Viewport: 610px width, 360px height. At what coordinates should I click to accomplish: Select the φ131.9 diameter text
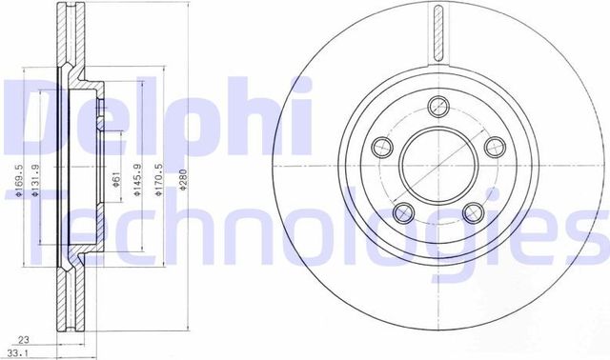pyautogui.click(x=35, y=180)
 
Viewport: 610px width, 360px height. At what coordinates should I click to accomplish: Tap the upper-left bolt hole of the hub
pyautogui.click(x=383, y=146)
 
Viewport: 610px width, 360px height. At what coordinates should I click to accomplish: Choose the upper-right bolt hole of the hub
pyautogui.click(x=494, y=146)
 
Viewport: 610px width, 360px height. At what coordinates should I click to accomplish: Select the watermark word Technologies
pyautogui.click(x=305, y=229)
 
